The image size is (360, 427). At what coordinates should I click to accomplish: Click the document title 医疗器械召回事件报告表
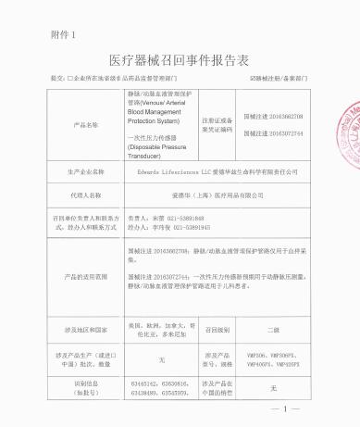180,62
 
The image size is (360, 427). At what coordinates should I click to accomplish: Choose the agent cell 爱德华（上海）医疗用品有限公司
233,196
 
